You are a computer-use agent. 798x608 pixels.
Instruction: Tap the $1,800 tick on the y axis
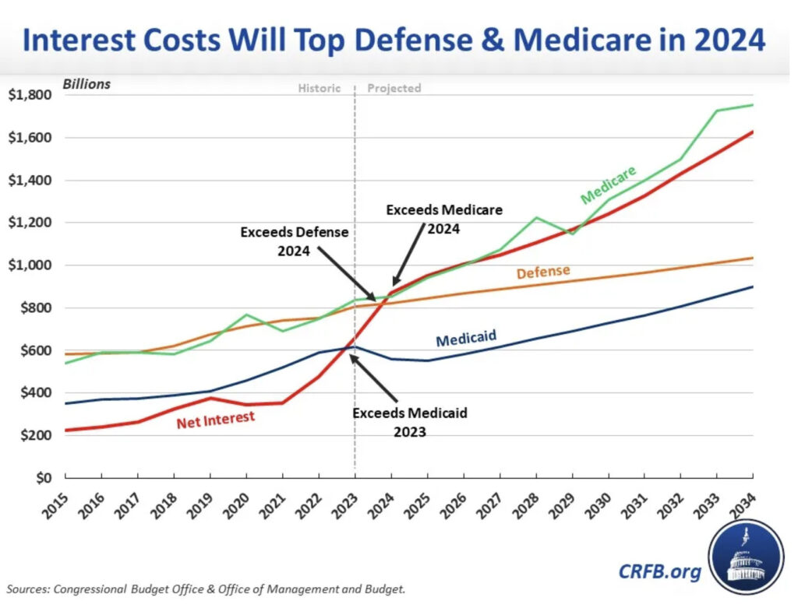(30, 95)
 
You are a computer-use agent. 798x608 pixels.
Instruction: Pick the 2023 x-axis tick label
(343, 502)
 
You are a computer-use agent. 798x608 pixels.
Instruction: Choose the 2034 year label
(741, 502)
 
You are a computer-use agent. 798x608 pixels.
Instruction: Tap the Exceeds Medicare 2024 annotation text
(444, 219)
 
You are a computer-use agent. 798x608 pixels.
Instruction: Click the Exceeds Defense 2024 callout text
(294, 241)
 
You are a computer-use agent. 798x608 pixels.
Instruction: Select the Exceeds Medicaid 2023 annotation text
(410, 421)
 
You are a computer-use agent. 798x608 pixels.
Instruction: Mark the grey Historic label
(320, 88)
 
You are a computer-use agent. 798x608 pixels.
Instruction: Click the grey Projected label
(394, 88)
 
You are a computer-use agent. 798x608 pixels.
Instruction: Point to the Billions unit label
(87, 84)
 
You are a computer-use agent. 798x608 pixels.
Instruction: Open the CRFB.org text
(659, 572)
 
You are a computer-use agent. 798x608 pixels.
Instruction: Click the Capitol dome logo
(746, 556)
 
